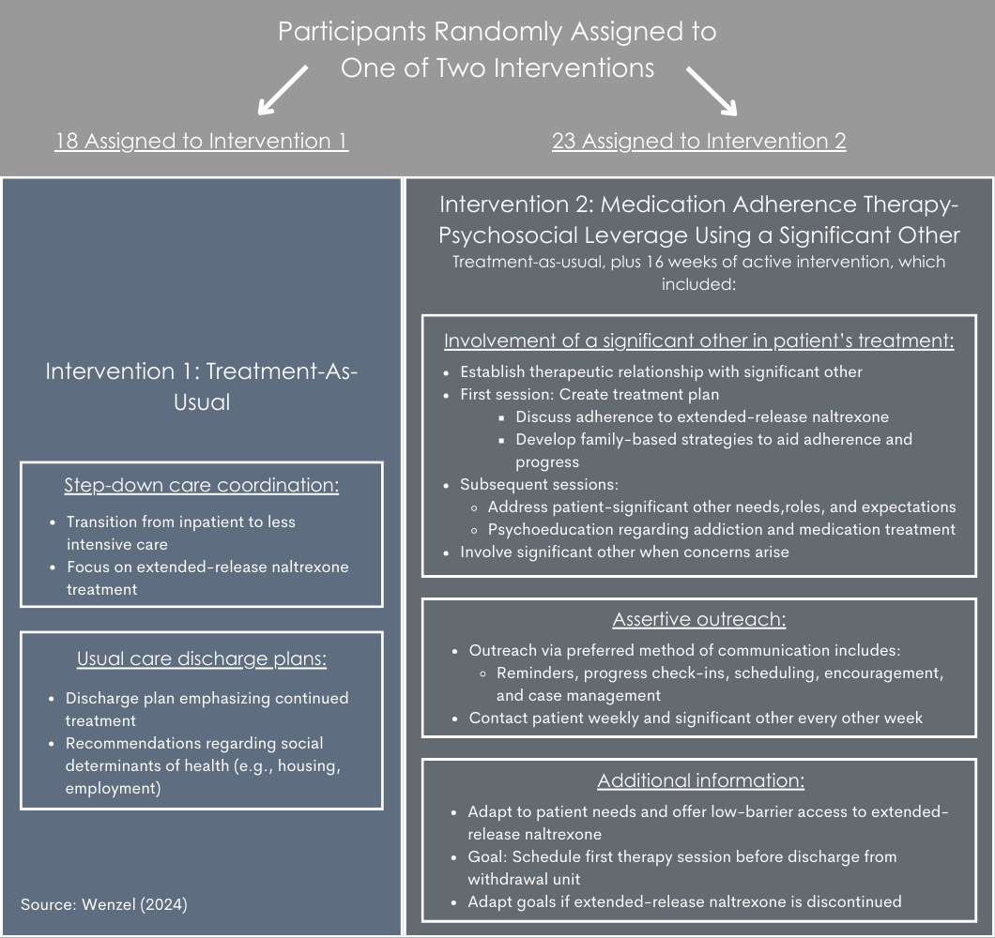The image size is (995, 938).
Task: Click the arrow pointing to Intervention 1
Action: click(x=283, y=90)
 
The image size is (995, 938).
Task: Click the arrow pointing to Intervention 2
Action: click(x=712, y=91)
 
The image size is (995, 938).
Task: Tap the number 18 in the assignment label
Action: click(x=67, y=141)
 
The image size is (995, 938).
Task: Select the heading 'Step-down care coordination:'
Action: click(x=202, y=485)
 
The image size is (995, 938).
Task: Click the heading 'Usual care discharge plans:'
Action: click(x=202, y=659)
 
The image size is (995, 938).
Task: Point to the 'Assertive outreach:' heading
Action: click(x=699, y=619)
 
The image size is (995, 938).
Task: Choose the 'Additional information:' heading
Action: click(x=700, y=780)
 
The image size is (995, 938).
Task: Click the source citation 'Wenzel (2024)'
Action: click(x=134, y=904)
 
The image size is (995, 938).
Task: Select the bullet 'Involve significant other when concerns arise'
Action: click(x=624, y=552)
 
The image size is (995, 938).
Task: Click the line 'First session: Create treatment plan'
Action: click(x=589, y=395)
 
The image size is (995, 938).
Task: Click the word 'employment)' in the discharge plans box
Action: click(x=113, y=788)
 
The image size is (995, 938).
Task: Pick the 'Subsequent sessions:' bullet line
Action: click(x=540, y=485)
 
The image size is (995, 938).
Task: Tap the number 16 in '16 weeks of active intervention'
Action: click(x=654, y=262)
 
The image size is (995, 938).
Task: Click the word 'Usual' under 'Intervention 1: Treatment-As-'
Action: click(x=202, y=402)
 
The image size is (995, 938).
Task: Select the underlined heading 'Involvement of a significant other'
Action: click(x=698, y=340)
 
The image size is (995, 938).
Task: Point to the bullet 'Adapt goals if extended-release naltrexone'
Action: click(x=684, y=901)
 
